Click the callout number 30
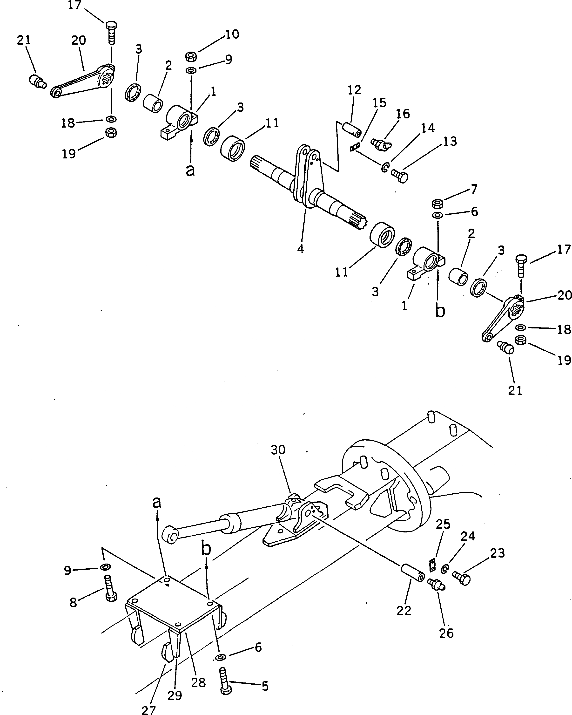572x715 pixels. point(278,450)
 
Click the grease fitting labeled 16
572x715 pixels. point(381,143)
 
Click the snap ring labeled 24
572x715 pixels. point(445,569)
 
